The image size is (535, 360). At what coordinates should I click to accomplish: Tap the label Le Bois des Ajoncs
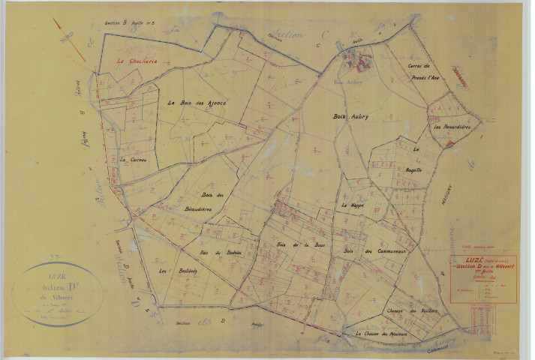[x=197, y=103]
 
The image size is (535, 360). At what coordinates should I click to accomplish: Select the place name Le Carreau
[x=132, y=159]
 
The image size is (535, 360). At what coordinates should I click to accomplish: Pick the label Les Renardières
[x=452, y=127]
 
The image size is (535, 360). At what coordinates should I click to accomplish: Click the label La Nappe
[x=353, y=204]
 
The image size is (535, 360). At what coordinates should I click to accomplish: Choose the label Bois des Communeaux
[x=375, y=252]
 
